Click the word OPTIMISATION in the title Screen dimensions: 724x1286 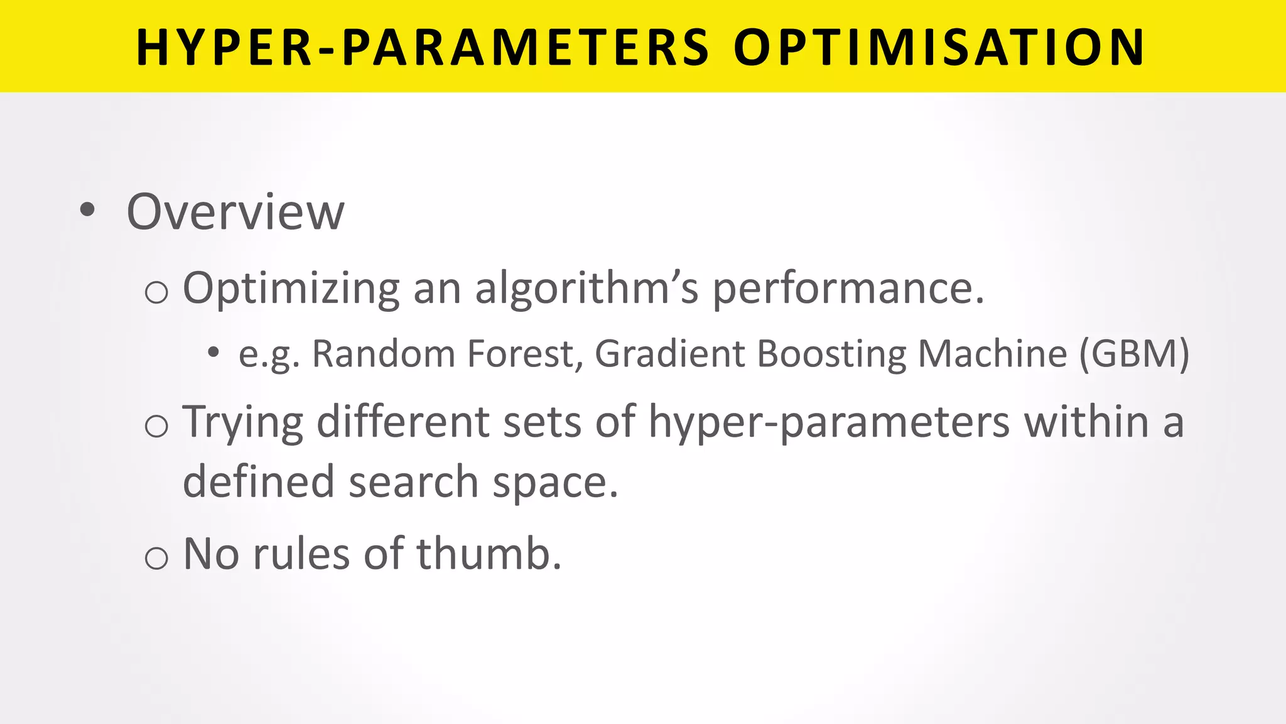click(939, 48)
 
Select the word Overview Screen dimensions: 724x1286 click(235, 212)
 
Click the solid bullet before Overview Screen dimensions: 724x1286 click(87, 211)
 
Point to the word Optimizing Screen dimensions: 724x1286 click(291, 289)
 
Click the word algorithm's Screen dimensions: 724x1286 click(586, 289)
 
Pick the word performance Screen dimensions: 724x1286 click(848, 289)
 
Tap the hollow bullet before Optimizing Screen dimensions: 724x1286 click(156, 293)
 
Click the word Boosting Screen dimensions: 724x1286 click(831, 354)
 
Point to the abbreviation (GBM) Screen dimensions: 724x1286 click(1133, 354)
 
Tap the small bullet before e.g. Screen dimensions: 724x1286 click(213, 353)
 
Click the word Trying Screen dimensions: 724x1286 click(243, 422)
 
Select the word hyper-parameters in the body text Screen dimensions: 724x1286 click(829, 422)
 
